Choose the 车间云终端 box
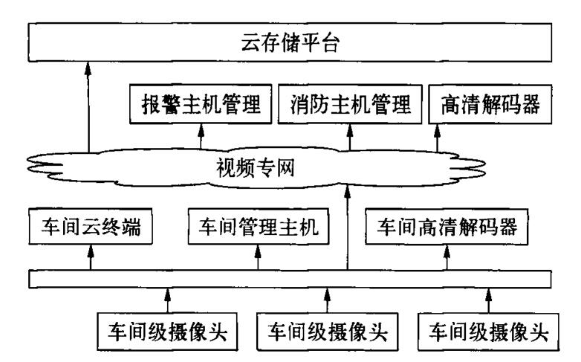(91, 228)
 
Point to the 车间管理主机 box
(259, 228)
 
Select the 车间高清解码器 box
(447, 228)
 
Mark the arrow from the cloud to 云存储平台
(88, 104)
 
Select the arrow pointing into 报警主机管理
(200, 135)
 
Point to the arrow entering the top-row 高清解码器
(438, 135)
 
